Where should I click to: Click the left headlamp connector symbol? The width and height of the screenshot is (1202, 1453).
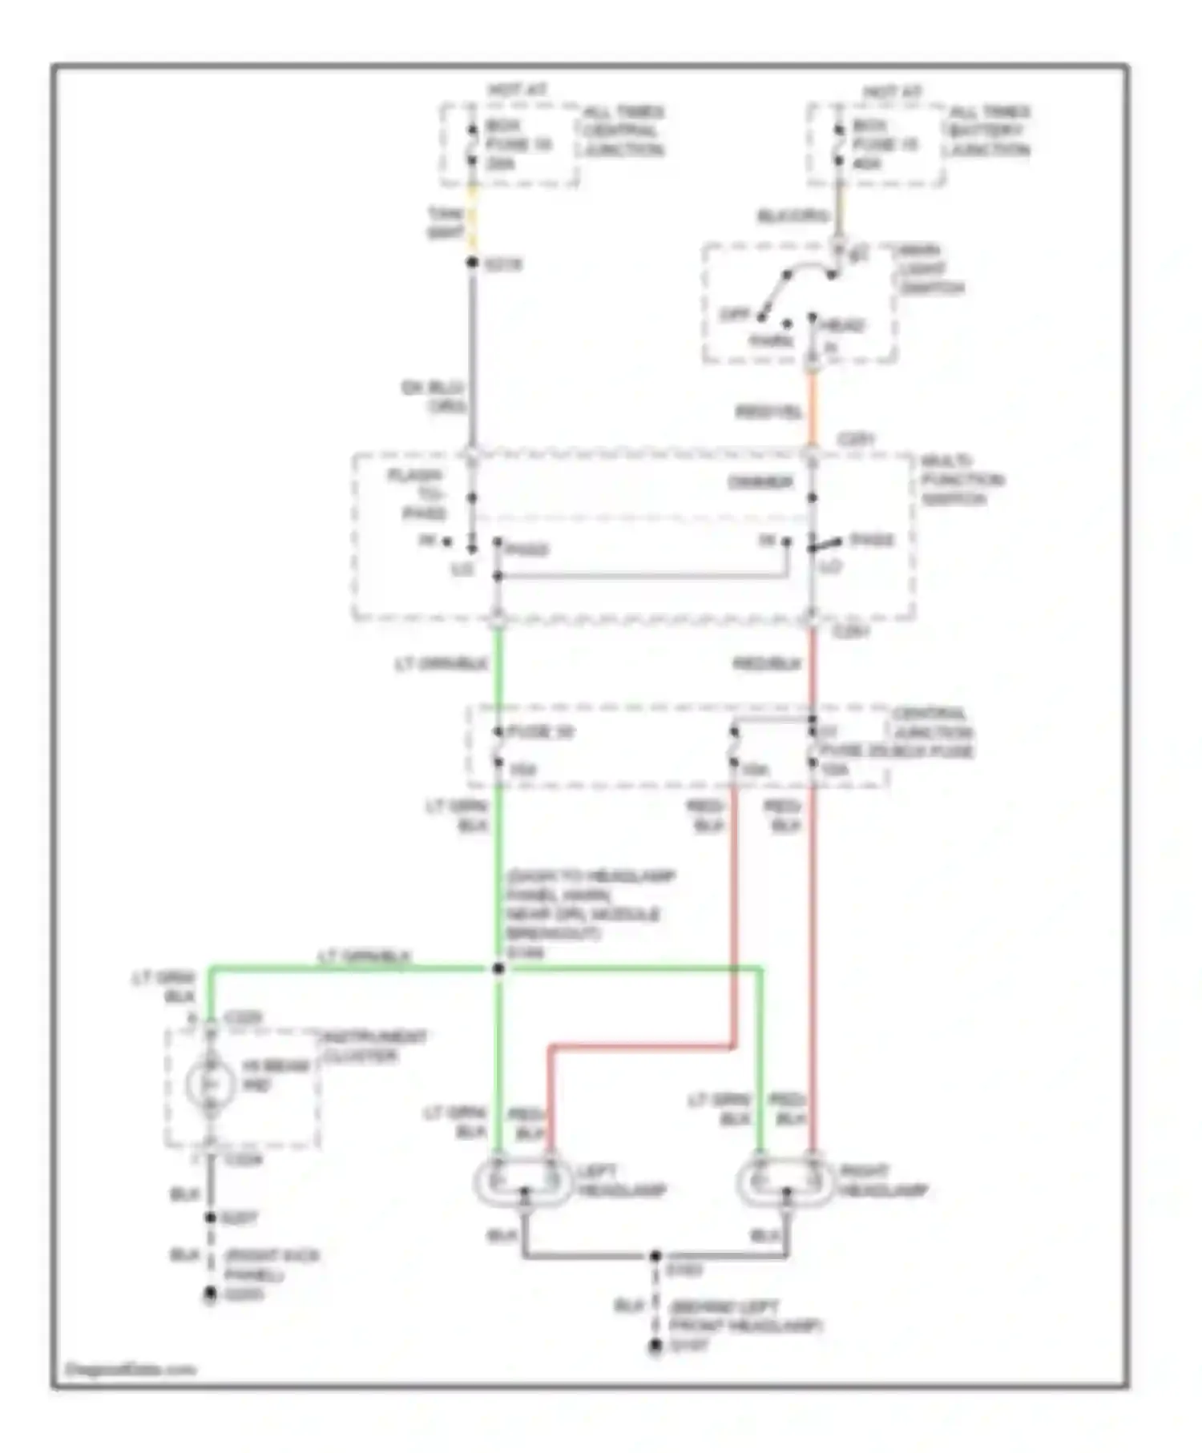(x=524, y=1181)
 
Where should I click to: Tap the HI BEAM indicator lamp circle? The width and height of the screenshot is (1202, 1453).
(x=210, y=1085)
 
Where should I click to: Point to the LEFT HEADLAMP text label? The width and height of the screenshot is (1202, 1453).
(x=620, y=1181)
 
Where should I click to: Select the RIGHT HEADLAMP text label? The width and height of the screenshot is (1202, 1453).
(x=883, y=1181)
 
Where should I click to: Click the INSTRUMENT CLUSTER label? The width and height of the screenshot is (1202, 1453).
(x=373, y=1047)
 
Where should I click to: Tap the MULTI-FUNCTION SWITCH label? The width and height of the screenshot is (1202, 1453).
(x=961, y=480)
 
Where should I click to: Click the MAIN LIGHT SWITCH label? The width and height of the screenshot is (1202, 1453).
(x=930, y=269)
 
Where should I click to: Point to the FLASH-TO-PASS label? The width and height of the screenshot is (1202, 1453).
(x=417, y=494)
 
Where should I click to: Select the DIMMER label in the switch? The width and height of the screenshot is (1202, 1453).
(x=760, y=483)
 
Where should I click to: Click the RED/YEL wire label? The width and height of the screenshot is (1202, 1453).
(x=768, y=413)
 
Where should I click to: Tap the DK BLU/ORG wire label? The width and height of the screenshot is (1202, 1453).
(x=435, y=397)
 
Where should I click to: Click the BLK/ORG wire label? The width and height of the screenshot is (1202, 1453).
(x=793, y=216)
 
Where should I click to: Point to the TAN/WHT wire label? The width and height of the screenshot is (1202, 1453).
(x=446, y=223)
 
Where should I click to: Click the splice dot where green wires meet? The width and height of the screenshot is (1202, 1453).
(x=498, y=969)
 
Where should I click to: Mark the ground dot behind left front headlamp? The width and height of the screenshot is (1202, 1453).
(x=655, y=1346)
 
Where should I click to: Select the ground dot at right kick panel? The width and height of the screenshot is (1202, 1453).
(x=210, y=1293)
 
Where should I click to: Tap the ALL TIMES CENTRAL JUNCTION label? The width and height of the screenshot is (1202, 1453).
(x=623, y=131)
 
